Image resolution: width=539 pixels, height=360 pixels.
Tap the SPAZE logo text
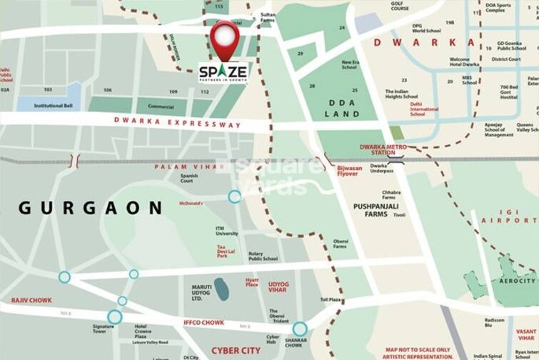(x=223, y=72)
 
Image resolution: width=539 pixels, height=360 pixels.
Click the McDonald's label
(x=191, y=203)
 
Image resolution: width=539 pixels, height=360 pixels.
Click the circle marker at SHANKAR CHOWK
(x=300, y=329)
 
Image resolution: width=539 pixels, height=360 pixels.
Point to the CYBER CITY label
(x=235, y=351)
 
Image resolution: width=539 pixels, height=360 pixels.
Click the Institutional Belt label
(x=54, y=106)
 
